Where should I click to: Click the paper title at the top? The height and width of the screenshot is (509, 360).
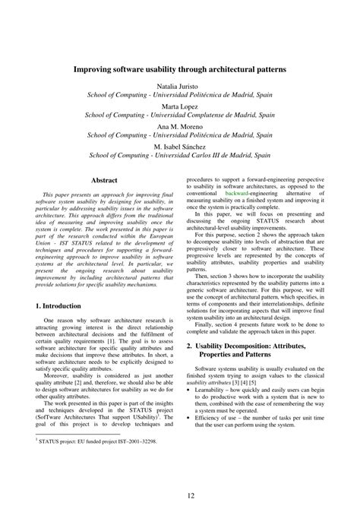click(180, 68)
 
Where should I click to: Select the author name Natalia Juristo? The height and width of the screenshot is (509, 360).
click(180, 87)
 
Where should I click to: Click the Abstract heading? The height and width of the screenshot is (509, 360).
click(105, 180)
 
